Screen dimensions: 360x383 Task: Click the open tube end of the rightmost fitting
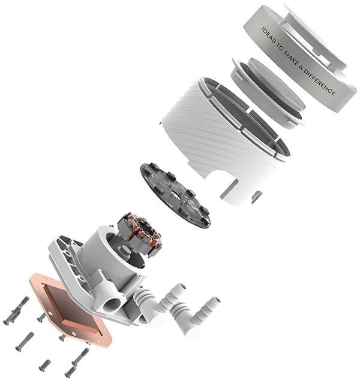[215, 300]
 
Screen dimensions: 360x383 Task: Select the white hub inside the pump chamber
[123, 254]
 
